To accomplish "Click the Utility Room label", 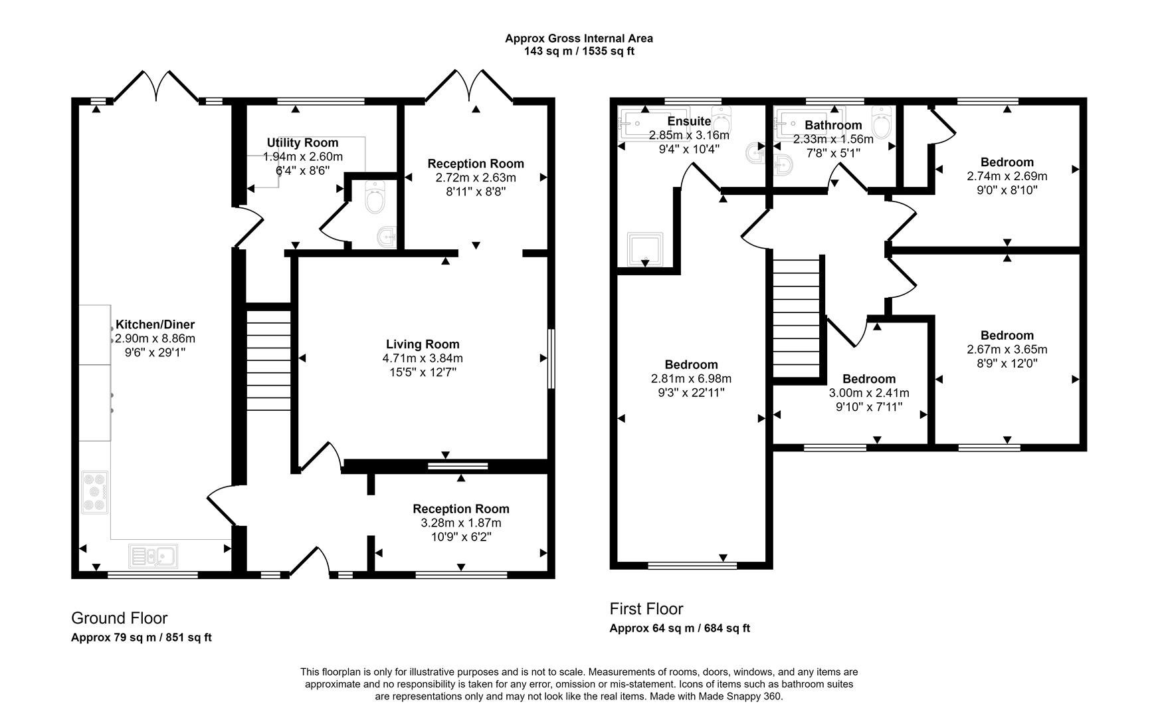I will coord(302,143).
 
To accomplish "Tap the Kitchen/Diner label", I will coord(155,324).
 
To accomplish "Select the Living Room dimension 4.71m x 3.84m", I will coord(423,358).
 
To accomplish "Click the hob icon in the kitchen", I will coord(94,492).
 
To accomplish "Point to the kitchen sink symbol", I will coord(153,555).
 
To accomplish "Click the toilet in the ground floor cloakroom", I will coord(375,198).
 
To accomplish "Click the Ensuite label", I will coord(689,121).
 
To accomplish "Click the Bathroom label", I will coord(833,125).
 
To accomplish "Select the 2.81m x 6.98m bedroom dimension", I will coord(691,379).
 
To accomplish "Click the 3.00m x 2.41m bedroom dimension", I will coord(868,393).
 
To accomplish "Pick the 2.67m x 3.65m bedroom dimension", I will coord(1007,350).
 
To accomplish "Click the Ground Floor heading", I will coord(119,618).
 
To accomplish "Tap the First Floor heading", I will coord(646,609).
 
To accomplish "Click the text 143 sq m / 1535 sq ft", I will coord(579,51).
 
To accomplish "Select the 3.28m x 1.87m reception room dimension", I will coord(460,523).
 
